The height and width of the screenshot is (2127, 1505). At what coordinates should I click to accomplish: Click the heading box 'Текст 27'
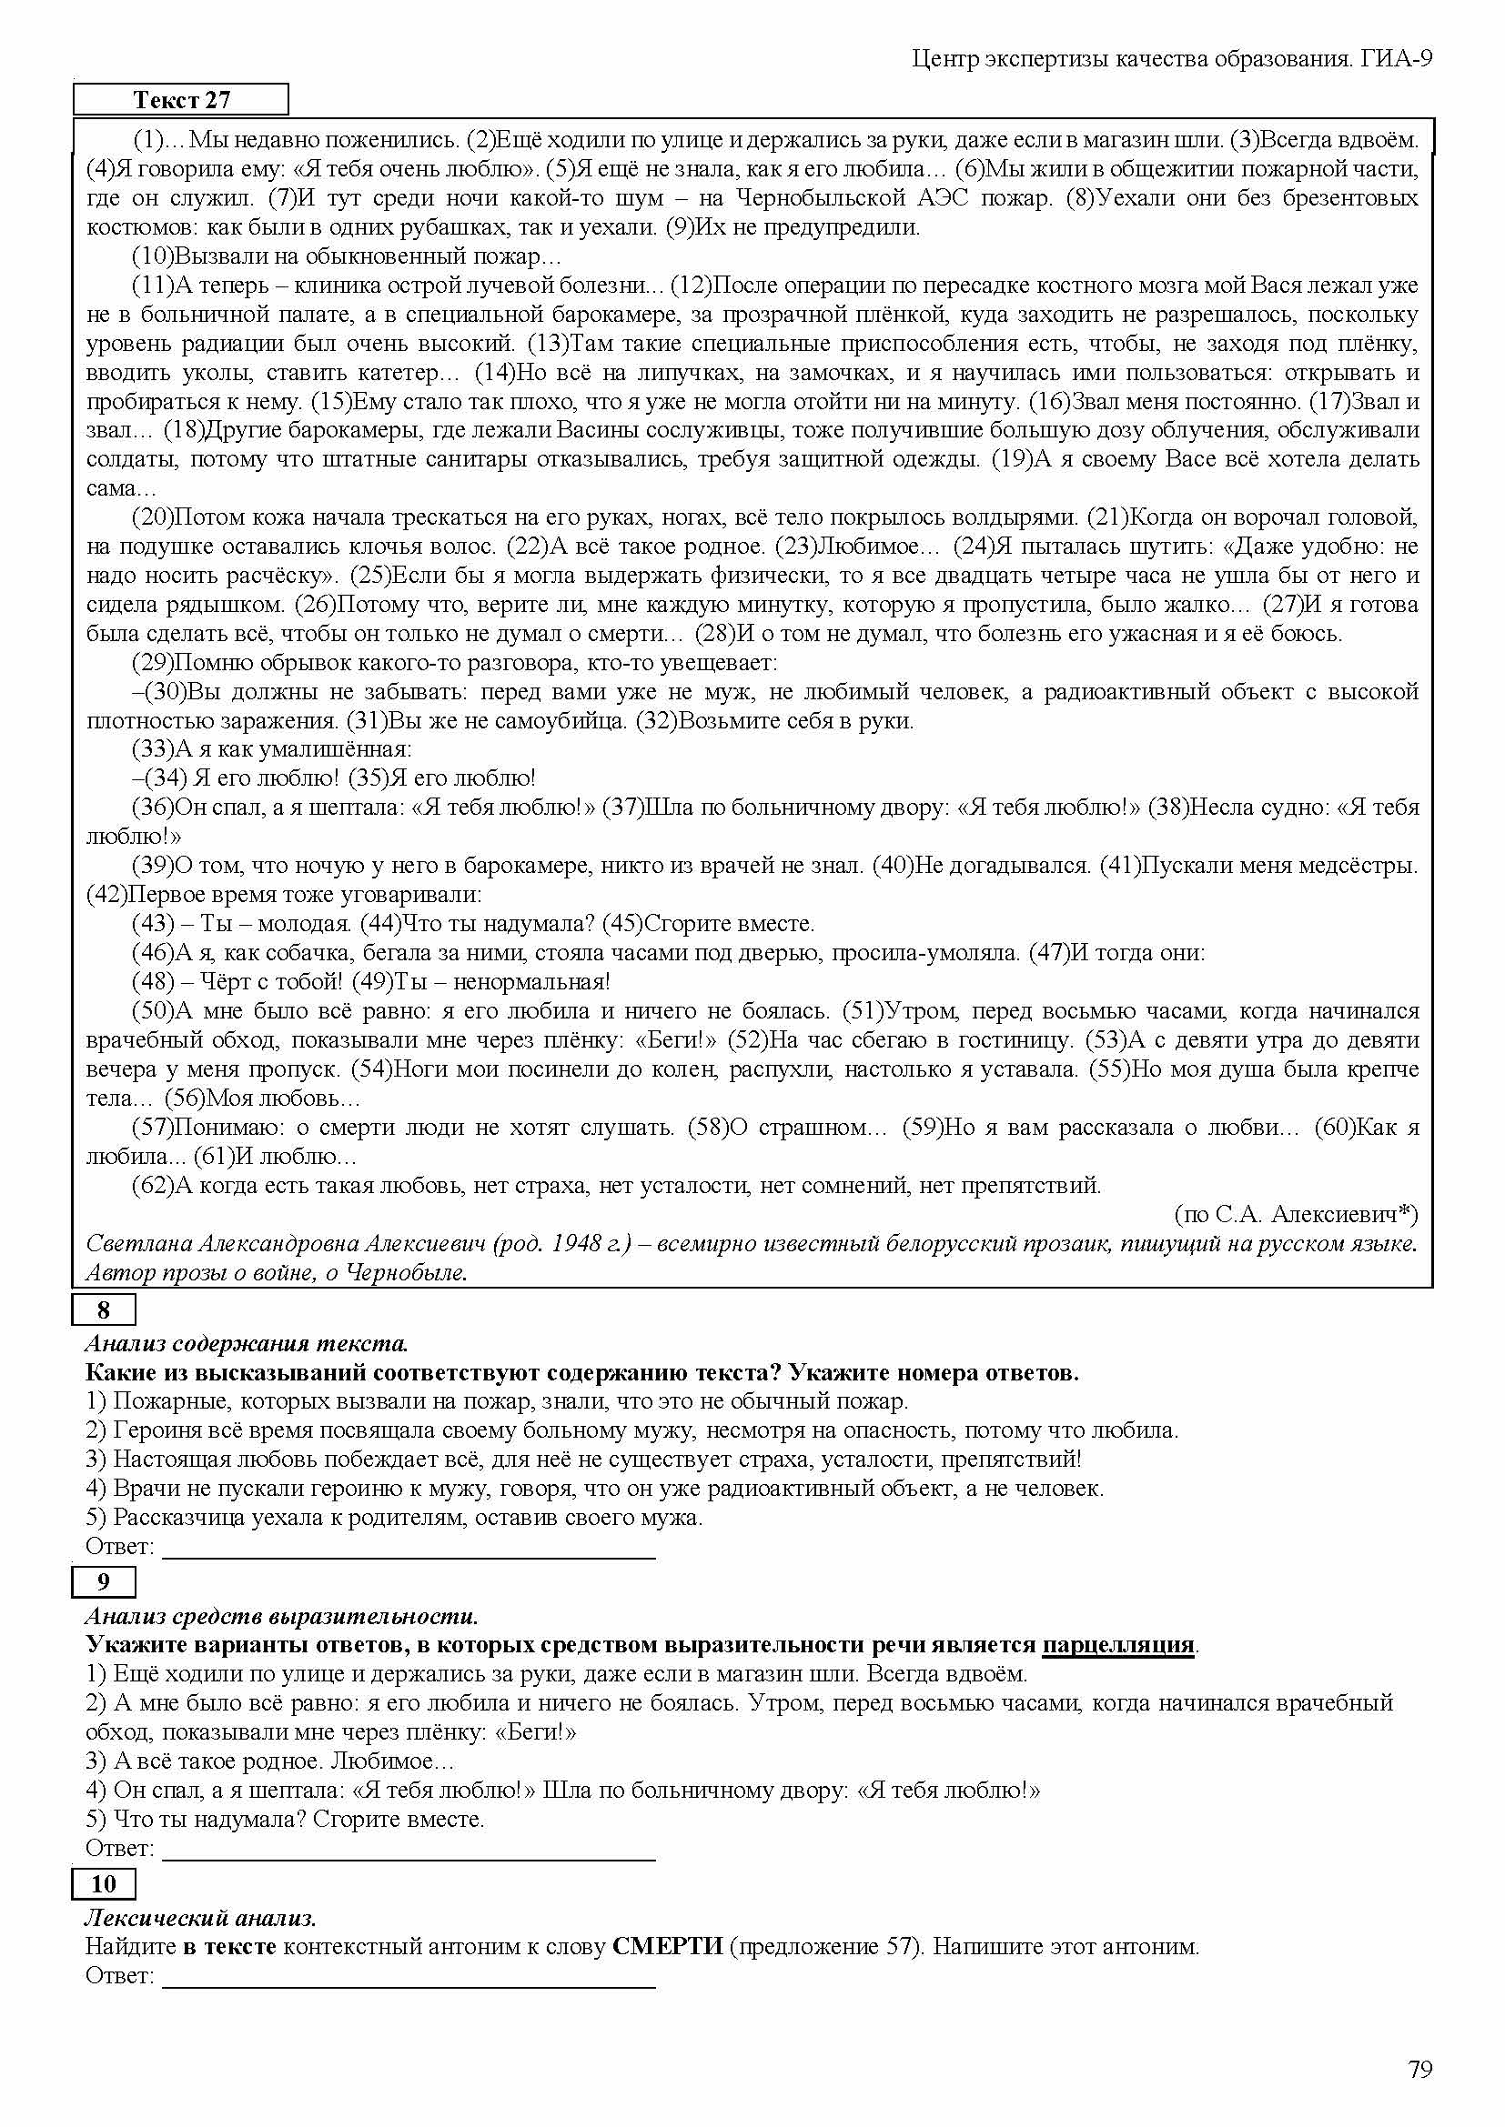tap(181, 100)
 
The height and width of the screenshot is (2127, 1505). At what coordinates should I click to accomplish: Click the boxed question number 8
tap(104, 1309)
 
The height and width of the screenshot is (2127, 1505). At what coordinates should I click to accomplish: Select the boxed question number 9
tap(104, 1581)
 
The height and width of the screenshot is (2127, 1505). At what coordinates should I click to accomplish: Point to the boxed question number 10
tap(104, 1883)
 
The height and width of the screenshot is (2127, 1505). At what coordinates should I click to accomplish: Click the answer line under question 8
tap(409, 1548)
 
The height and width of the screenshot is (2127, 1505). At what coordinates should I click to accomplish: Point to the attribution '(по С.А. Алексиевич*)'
tap(1297, 1215)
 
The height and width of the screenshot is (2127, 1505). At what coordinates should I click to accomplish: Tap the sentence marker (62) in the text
tap(153, 1186)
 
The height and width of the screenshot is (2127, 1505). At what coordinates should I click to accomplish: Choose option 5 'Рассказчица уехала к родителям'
tap(394, 1519)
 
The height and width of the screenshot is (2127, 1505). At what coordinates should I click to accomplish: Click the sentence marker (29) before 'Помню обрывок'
tap(153, 663)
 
